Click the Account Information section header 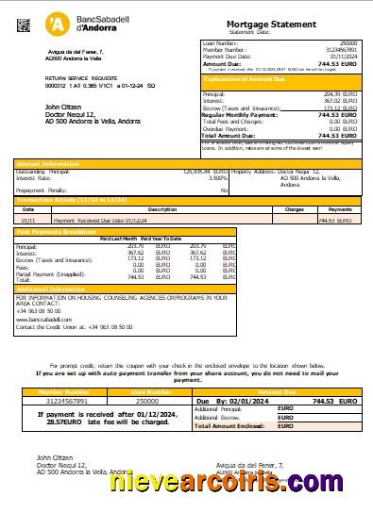click(47, 163)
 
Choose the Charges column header click(295, 209)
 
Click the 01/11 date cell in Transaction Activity click(29, 219)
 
